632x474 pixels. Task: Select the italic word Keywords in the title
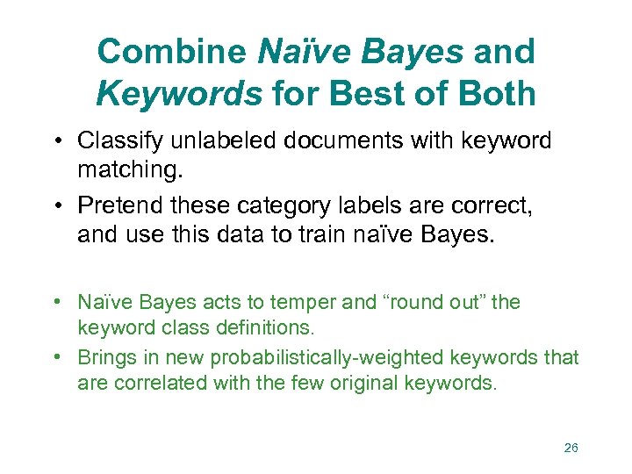coord(179,93)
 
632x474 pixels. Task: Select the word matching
coord(115,166)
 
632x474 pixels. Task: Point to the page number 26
coord(571,448)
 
